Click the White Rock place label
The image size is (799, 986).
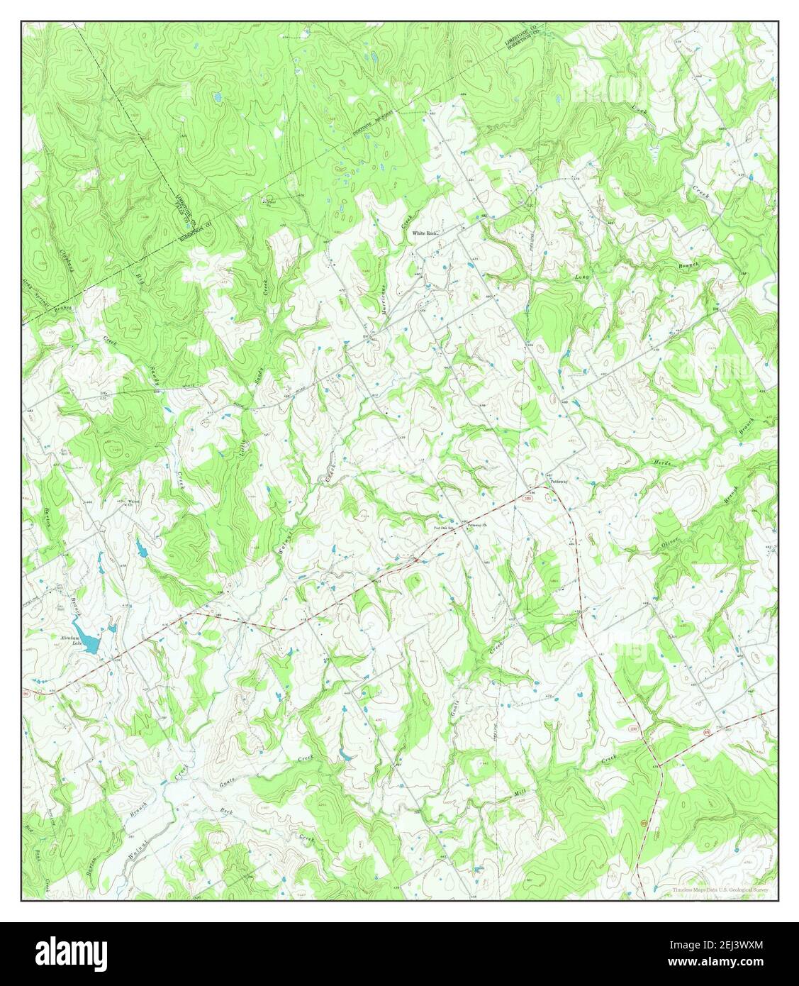pyautogui.click(x=428, y=233)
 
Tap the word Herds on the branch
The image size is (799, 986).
pyautogui.click(x=660, y=463)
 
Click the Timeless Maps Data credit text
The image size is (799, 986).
pyautogui.click(x=720, y=889)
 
